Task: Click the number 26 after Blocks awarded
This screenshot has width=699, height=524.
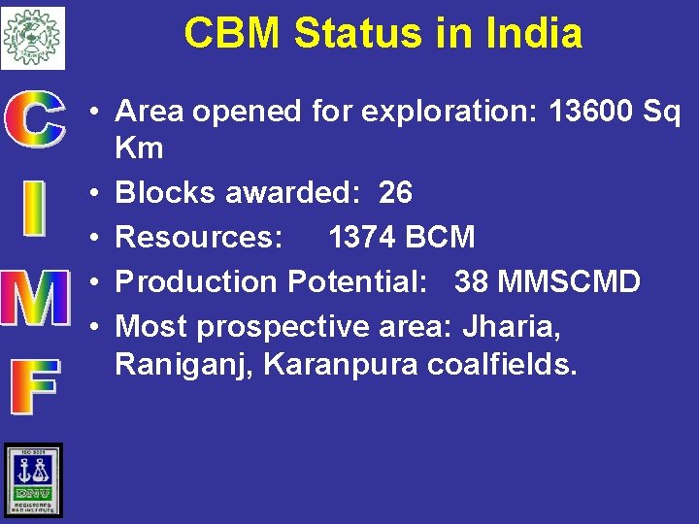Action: [x=395, y=193]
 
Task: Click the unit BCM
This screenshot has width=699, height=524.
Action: [x=442, y=238]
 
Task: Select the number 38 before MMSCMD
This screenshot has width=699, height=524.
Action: [x=472, y=282]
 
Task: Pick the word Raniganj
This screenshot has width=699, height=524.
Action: [x=184, y=366]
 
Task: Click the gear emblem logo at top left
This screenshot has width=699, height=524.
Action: [x=33, y=37]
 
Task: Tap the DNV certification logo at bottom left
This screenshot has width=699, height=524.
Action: [x=33, y=479]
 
